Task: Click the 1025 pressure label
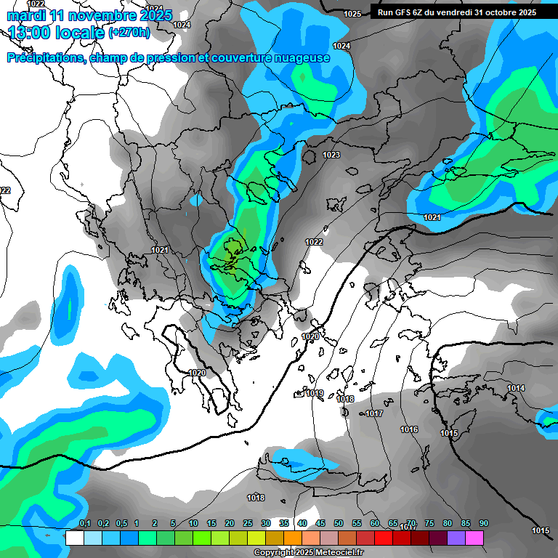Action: [x=352, y=14]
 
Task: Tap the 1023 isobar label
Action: [x=331, y=155]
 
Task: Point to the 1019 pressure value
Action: [x=315, y=393]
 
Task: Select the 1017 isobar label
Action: [x=374, y=413]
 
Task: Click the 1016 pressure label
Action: [x=409, y=429]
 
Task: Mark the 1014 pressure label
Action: [x=516, y=388]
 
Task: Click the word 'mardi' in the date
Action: [x=25, y=15]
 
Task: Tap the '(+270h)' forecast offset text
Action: [x=129, y=32]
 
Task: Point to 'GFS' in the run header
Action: [x=403, y=12]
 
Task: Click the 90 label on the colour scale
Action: [x=483, y=523]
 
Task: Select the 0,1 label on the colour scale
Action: [x=84, y=523]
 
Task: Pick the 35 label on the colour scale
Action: [x=283, y=523]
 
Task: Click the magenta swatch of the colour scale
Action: [x=474, y=538]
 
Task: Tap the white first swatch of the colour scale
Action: [x=74, y=538]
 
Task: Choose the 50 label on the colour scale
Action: [x=339, y=523]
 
